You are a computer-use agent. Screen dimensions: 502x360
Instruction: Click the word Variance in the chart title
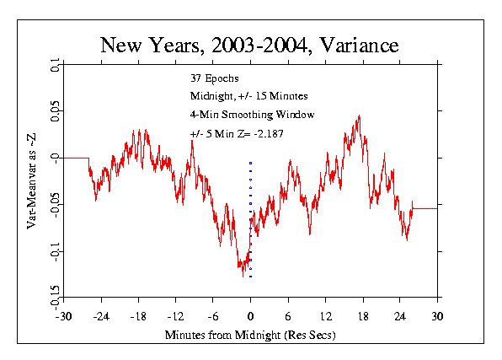[x=359, y=45]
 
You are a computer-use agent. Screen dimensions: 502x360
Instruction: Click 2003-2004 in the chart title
[x=259, y=45]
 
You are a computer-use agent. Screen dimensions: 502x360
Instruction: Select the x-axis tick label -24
[x=101, y=317]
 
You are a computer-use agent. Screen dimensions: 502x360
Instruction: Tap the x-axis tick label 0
[x=250, y=317]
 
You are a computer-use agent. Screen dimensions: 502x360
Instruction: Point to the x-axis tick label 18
[x=363, y=317]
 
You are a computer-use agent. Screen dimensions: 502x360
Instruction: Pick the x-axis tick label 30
[x=437, y=317]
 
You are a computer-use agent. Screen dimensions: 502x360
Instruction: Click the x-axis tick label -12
[x=175, y=317]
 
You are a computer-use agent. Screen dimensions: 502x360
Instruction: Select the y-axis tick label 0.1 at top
[x=55, y=65]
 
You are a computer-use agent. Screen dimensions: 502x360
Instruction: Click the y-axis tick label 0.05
[x=55, y=111]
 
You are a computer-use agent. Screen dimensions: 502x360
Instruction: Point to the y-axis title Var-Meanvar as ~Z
[x=31, y=181]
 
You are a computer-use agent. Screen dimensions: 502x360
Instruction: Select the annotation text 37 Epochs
[x=215, y=78]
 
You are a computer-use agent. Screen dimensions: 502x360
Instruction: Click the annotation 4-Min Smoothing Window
[x=253, y=115]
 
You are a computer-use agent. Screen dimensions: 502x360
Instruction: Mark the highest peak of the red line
[x=359, y=116]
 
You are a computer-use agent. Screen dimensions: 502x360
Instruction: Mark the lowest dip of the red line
[x=243, y=277]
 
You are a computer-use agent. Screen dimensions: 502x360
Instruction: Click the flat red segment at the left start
[x=76, y=158]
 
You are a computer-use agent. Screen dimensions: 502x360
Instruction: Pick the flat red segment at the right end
[x=425, y=209]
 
